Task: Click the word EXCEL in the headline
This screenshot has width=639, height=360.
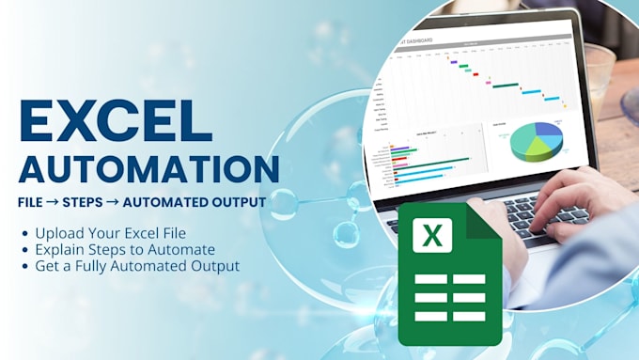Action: [116, 121]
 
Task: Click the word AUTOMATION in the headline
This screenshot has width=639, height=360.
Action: [148, 168]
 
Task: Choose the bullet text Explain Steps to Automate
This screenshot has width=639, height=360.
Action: [124, 249]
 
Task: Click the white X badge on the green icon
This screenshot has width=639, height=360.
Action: [432, 235]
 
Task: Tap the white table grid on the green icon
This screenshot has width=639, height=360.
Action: [450, 297]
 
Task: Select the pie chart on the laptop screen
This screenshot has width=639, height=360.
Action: [537, 142]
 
